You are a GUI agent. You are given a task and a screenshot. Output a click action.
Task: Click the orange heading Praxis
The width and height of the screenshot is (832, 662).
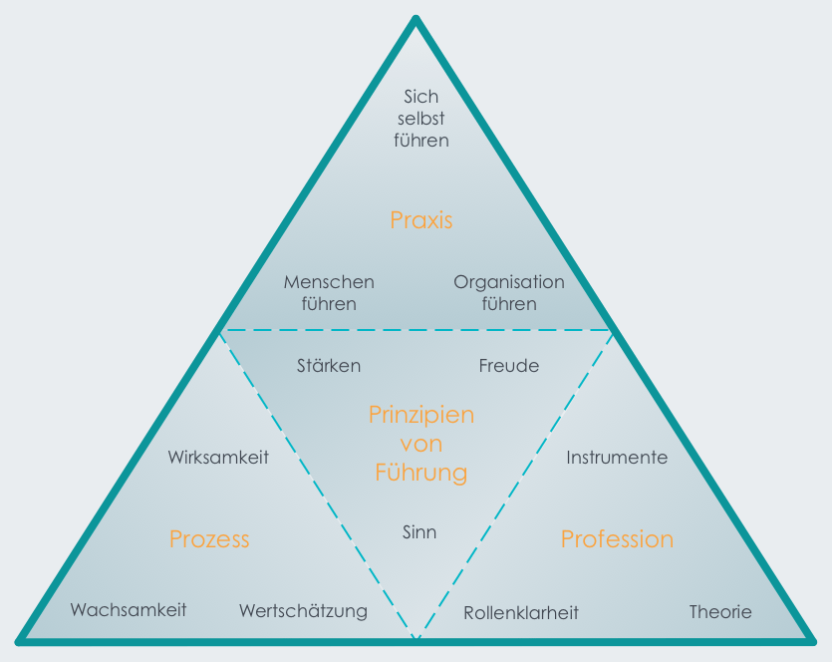421,219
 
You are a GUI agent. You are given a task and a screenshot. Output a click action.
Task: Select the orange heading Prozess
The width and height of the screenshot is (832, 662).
209,538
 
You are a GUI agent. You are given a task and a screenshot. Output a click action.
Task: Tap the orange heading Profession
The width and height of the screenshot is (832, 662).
617,538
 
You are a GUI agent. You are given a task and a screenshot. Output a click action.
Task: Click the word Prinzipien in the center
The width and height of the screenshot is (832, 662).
421,415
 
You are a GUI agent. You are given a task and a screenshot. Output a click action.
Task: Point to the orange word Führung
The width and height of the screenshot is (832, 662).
421,472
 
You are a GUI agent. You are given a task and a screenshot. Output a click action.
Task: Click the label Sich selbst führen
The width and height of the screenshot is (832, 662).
421,119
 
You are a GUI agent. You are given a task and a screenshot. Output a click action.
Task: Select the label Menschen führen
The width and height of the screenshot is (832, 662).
329,292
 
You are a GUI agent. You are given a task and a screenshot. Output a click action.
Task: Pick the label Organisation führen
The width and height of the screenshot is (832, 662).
509,293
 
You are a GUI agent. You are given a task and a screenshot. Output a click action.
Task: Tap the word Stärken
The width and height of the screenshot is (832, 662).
329,365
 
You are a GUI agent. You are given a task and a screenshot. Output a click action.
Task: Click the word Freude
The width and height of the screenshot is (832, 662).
509,365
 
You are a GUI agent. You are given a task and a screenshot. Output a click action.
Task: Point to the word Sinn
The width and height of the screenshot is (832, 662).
419,532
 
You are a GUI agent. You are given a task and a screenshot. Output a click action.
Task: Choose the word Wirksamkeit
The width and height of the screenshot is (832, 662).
218,457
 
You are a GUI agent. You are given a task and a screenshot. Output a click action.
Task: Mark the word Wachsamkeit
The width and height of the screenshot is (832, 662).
129,610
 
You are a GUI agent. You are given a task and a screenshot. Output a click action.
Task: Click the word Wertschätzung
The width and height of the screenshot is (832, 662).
303,611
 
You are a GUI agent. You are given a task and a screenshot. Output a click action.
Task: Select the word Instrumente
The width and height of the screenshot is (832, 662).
617,457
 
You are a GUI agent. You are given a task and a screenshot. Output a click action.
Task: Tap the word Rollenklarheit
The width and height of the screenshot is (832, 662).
521,612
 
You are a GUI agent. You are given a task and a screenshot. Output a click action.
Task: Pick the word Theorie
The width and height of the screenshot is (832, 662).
720,611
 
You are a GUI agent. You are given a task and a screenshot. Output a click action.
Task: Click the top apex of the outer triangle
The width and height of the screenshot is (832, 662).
416,19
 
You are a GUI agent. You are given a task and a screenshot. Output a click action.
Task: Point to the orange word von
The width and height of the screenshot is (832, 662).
421,444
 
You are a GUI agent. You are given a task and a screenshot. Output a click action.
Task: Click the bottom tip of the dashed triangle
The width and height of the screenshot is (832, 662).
416,638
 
